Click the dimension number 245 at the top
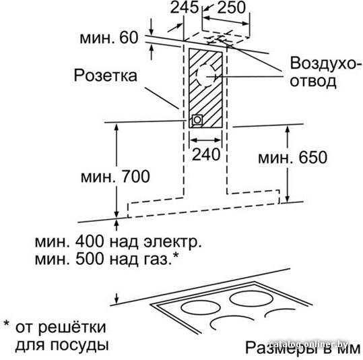(185, 7)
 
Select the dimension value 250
(232, 7)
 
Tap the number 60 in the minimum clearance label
(129, 38)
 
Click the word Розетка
(106, 76)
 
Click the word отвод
(313, 81)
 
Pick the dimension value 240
(206, 154)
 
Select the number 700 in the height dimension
(136, 177)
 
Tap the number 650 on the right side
(313, 157)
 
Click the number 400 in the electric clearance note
(90, 241)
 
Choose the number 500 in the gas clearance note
(90, 259)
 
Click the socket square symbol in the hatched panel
(197, 120)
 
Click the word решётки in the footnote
(72, 327)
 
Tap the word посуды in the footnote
(79, 346)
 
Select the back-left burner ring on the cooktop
(201, 307)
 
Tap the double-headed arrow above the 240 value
(205, 140)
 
